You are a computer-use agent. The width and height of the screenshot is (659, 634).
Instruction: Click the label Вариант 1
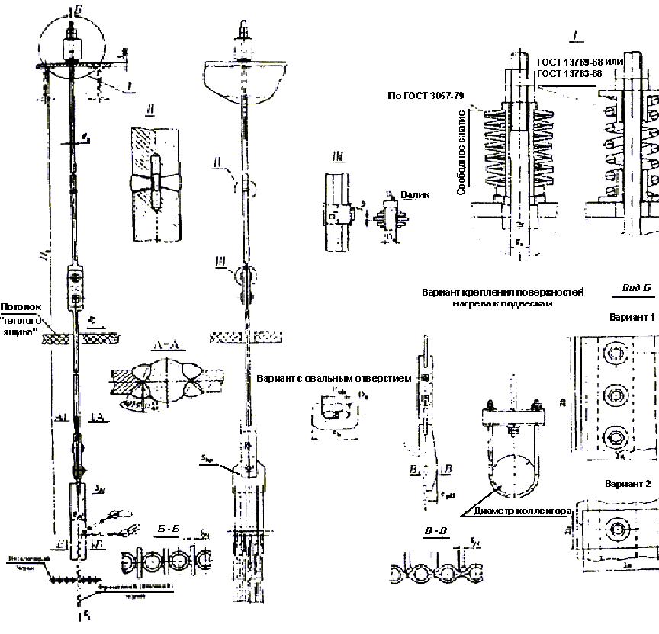pos(629,316)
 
